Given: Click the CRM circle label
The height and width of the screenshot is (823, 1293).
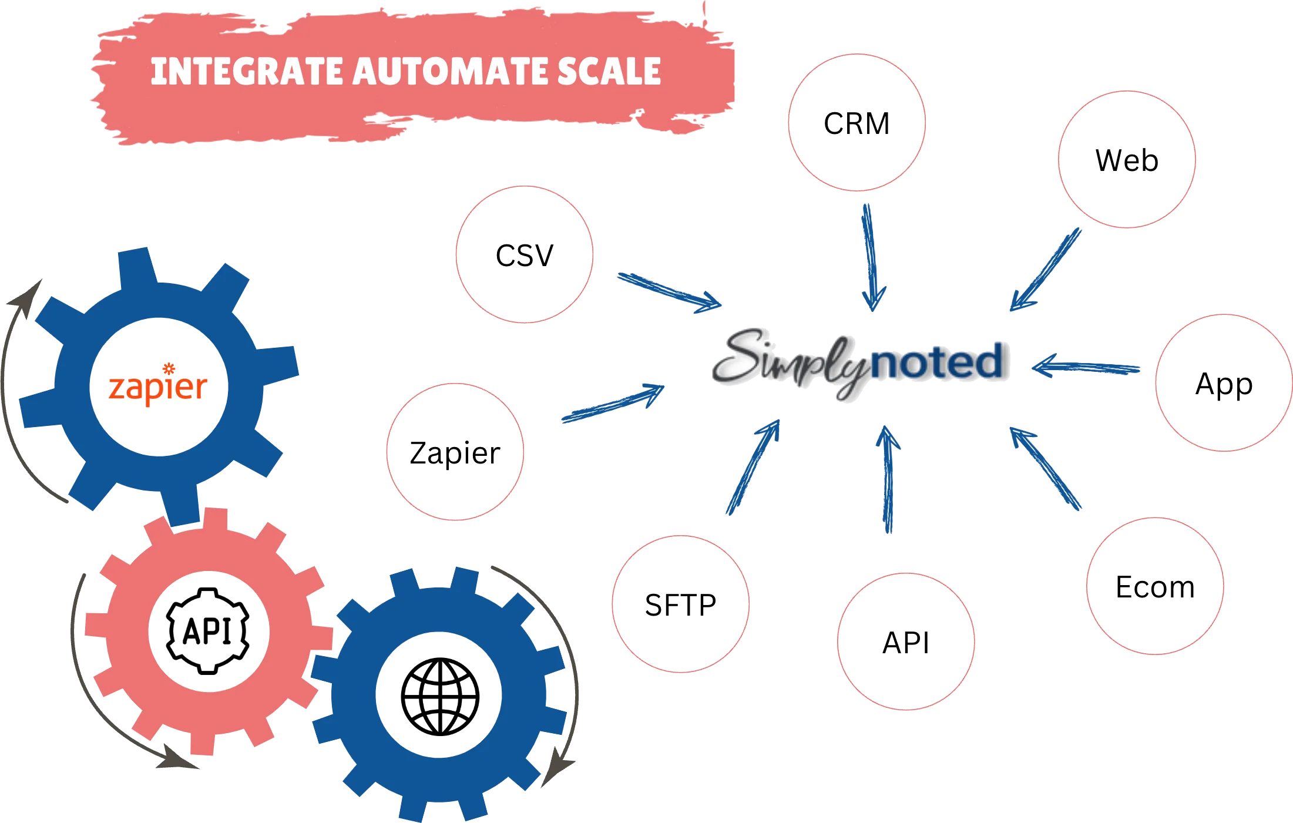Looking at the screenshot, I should (856, 124).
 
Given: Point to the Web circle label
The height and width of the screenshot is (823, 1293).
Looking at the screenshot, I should (1127, 160).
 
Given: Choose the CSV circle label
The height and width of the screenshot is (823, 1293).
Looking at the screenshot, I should (524, 256).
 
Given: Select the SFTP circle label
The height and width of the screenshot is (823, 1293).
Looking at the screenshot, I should (680, 604).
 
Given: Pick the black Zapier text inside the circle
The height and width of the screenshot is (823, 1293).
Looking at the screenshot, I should (455, 453).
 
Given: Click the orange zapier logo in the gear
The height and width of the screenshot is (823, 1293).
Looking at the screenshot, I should (158, 386).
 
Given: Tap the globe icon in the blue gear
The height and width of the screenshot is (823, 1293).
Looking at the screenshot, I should (439, 697).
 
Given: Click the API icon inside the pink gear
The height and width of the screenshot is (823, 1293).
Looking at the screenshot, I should (207, 631).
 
